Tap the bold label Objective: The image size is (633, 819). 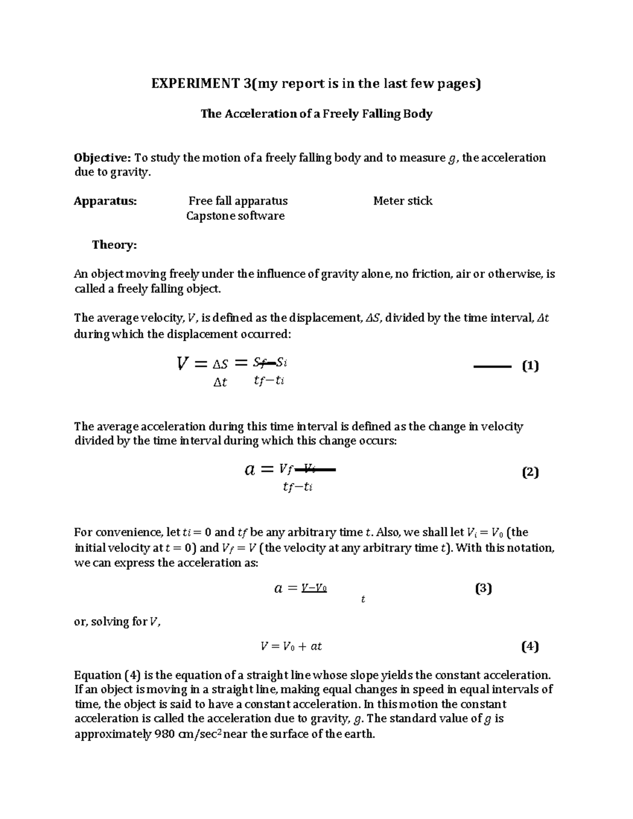(103, 158)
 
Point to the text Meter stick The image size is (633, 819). (402, 201)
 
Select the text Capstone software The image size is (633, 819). (235, 216)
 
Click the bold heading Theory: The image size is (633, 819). (114, 245)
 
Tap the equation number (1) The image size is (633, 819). (530, 366)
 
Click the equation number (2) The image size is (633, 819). (530, 472)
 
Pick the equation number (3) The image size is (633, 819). (483, 589)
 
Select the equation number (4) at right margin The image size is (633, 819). (530, 646)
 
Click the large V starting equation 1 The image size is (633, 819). (183, 363)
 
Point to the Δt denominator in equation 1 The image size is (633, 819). (220, 383)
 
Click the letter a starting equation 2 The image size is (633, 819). (250, 469)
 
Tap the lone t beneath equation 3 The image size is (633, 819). (363, 600)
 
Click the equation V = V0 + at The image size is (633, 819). (291, 647)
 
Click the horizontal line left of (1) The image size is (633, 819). (493, 366)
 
